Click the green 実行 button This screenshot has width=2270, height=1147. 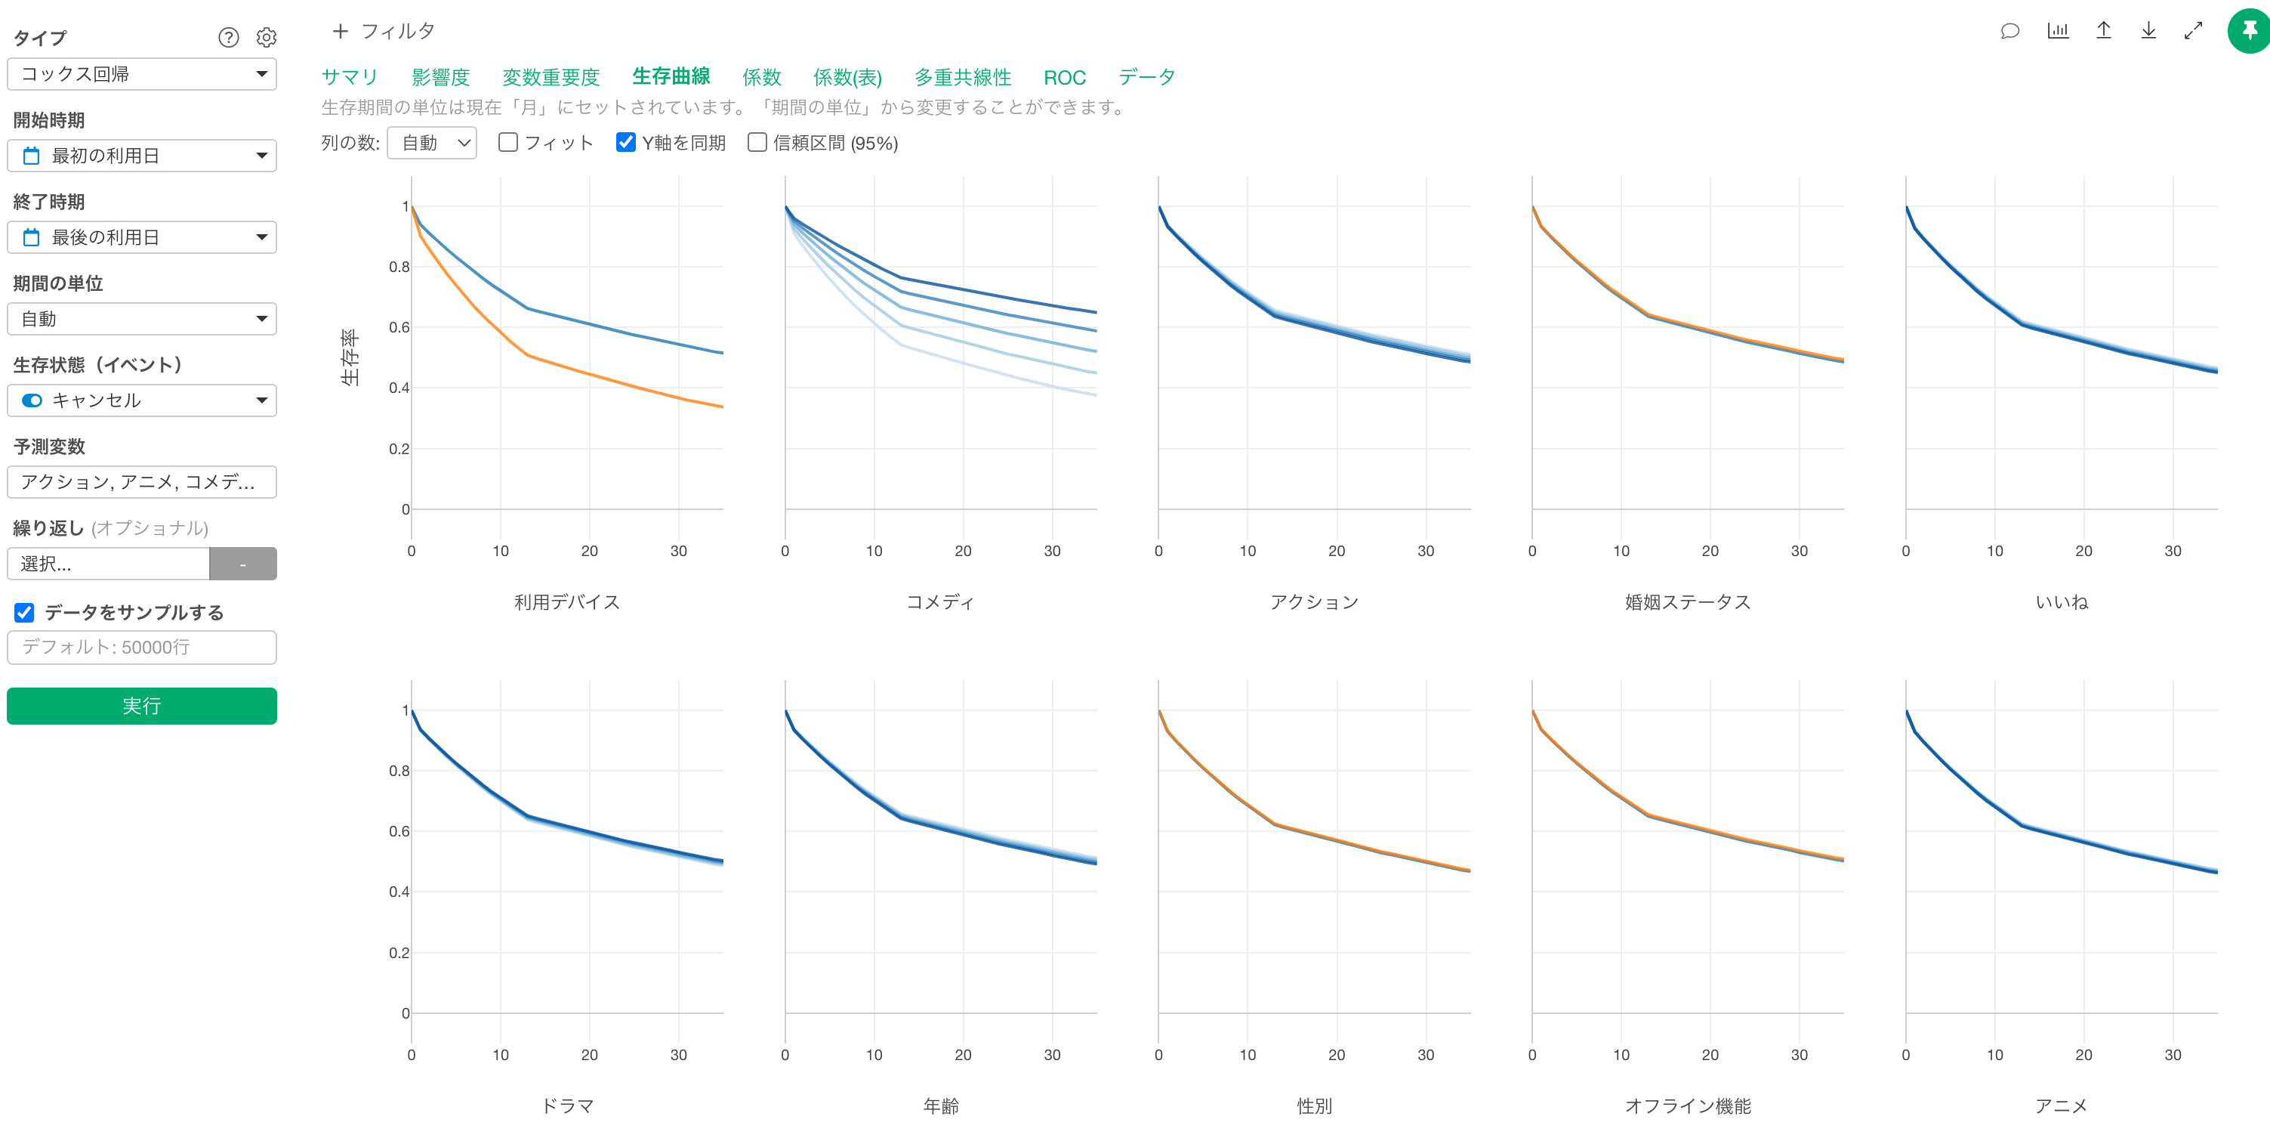[x=142, y=706]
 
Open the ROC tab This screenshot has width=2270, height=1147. [x=1065, y=78]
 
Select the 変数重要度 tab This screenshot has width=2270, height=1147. [x=551, y=78]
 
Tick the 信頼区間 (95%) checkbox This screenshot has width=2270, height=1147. [x=757, y=143]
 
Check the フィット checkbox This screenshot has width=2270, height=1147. [x=507, y=143]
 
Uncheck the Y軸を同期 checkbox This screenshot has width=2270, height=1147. [x=626, y=143]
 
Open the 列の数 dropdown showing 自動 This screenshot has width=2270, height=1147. [x=432, y=143]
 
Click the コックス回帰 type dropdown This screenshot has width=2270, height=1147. [x=142, y=74]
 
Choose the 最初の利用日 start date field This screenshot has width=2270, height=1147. [x=142, y=156]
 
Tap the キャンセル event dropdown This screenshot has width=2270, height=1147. [x=142, y=400]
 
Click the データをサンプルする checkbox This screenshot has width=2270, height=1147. [x=25, y=613]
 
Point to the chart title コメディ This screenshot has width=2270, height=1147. [x=940, y=602]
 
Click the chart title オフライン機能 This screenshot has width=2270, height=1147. [x=1688, y=1105]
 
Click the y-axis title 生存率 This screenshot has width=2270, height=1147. [x=350, y=358]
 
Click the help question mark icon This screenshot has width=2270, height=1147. [x=228, y=37]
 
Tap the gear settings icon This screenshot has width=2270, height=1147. [x=266, y=37]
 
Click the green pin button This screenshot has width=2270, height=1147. [x=2249, y=31]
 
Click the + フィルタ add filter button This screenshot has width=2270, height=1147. [x=384, y=32]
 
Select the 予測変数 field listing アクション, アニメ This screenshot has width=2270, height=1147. [x=142, y=482]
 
